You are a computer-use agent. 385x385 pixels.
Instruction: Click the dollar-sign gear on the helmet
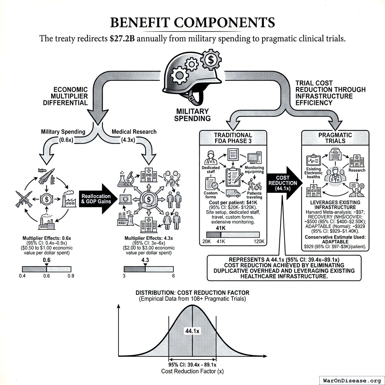pyautogui.click(x=211, y=59)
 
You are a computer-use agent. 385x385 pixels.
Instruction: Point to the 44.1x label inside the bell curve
pyautogui.click(x=192, y=331)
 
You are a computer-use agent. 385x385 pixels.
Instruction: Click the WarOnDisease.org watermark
pyautogui.click(x=351, y=380)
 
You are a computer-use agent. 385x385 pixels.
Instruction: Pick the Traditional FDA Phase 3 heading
pyautogui.click(x=233, y=138)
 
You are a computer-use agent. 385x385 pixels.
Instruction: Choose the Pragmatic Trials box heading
pyautogui.click(x=335, y=138)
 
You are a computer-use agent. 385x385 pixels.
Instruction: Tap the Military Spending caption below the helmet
pyautogui.click(x=193, y=115)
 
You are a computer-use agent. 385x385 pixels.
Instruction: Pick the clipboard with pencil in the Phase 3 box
pyautogui.click(x=233, y=176)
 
